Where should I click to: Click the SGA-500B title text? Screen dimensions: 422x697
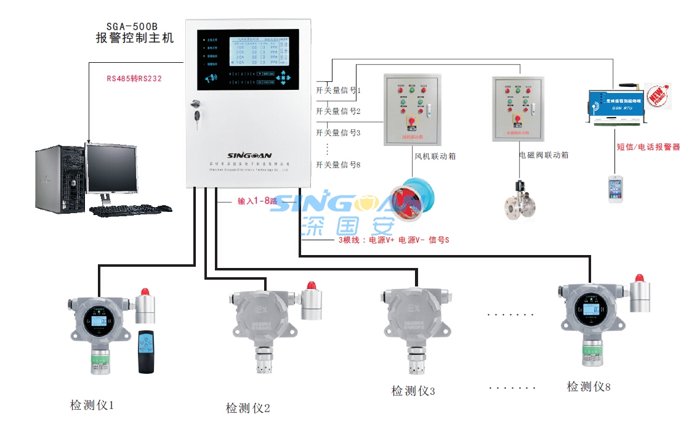tap(132, 27)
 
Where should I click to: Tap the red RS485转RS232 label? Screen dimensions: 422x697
tap(134, 78)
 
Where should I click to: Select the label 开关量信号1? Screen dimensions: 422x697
tap(338, 90)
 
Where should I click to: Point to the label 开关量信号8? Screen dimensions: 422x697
tap(338, 164)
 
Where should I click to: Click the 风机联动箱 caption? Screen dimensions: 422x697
tap(435, 156)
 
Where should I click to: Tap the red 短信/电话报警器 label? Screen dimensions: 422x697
tap(648, 147)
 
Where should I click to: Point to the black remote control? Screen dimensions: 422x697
tap(146, 352)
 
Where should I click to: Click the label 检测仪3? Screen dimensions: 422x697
tap(413, 391)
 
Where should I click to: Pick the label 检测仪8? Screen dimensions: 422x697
tap(589, 387)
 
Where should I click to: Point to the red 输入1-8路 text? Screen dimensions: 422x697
tap(257, 201)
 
